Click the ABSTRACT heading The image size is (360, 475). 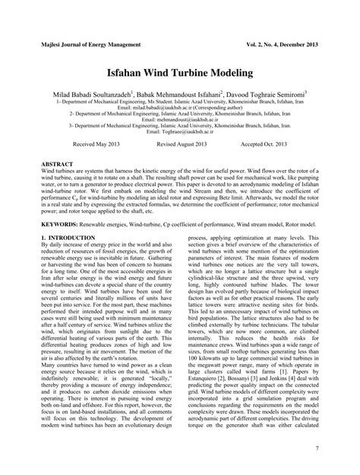57,164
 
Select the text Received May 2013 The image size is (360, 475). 96,143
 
